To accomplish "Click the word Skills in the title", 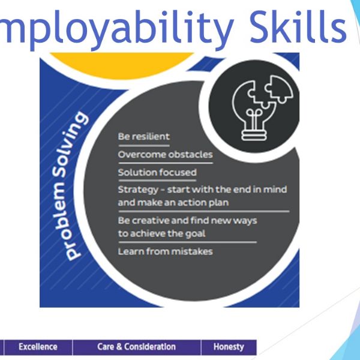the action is coord(298,27).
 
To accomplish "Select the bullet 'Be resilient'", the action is coord(144,136).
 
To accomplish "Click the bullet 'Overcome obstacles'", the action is coord(166,154).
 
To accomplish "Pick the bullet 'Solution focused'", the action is coord(157,172).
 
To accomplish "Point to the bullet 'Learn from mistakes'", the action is coord(166,251).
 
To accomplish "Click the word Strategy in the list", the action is coord(138,190).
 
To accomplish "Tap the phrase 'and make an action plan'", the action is coord(173,203).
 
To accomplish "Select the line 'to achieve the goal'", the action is coord(161,233).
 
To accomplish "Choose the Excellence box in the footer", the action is coord(38,347).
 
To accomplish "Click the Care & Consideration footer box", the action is coord(137,347).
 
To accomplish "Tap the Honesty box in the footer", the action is coord(229,347).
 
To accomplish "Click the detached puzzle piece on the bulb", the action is coord(279,88).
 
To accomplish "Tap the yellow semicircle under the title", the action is coord(122,65).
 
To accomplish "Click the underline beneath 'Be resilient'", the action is coord(144,146).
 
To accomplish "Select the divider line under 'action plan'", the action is coord(204,211).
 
